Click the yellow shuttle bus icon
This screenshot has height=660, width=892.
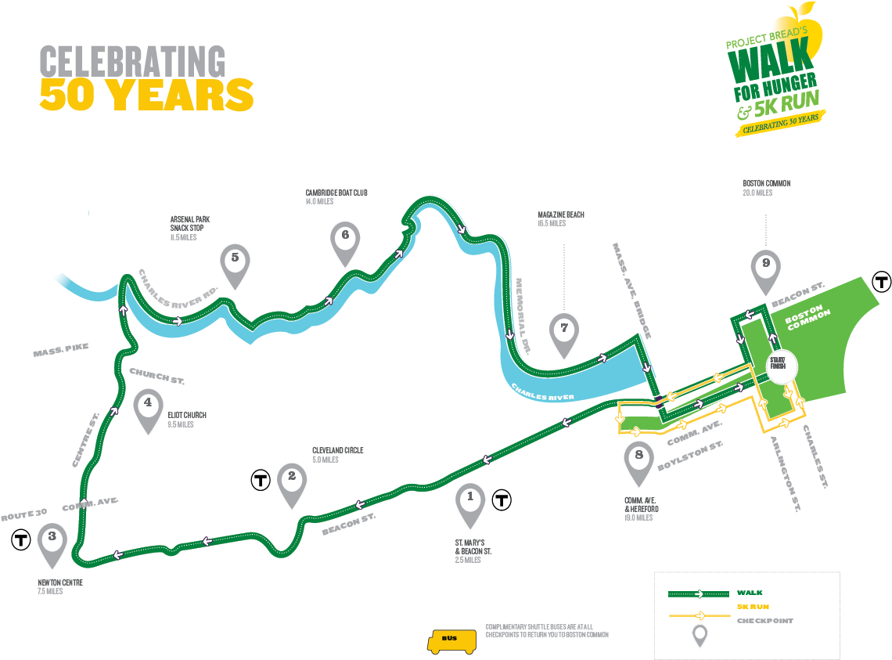point(451,642)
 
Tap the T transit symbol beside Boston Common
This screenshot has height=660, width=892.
point(882,281)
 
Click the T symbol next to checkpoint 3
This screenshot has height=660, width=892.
point(21,539)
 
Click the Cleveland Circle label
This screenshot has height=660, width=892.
point(337,450)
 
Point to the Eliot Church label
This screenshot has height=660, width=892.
point(186,415)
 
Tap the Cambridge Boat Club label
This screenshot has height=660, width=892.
point(336,193)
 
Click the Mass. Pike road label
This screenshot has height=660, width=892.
point(61,350)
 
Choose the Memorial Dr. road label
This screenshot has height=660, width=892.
point(523,316)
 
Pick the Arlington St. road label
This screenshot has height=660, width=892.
point(786,474)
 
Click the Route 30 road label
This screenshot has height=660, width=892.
point(24,515)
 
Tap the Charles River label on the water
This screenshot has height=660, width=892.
point(543,392)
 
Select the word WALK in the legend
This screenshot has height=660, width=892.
point(750,593)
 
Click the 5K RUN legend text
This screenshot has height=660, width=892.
point(754,607)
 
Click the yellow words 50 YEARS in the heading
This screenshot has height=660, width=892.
point(146,95)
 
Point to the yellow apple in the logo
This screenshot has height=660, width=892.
point(807,28)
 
